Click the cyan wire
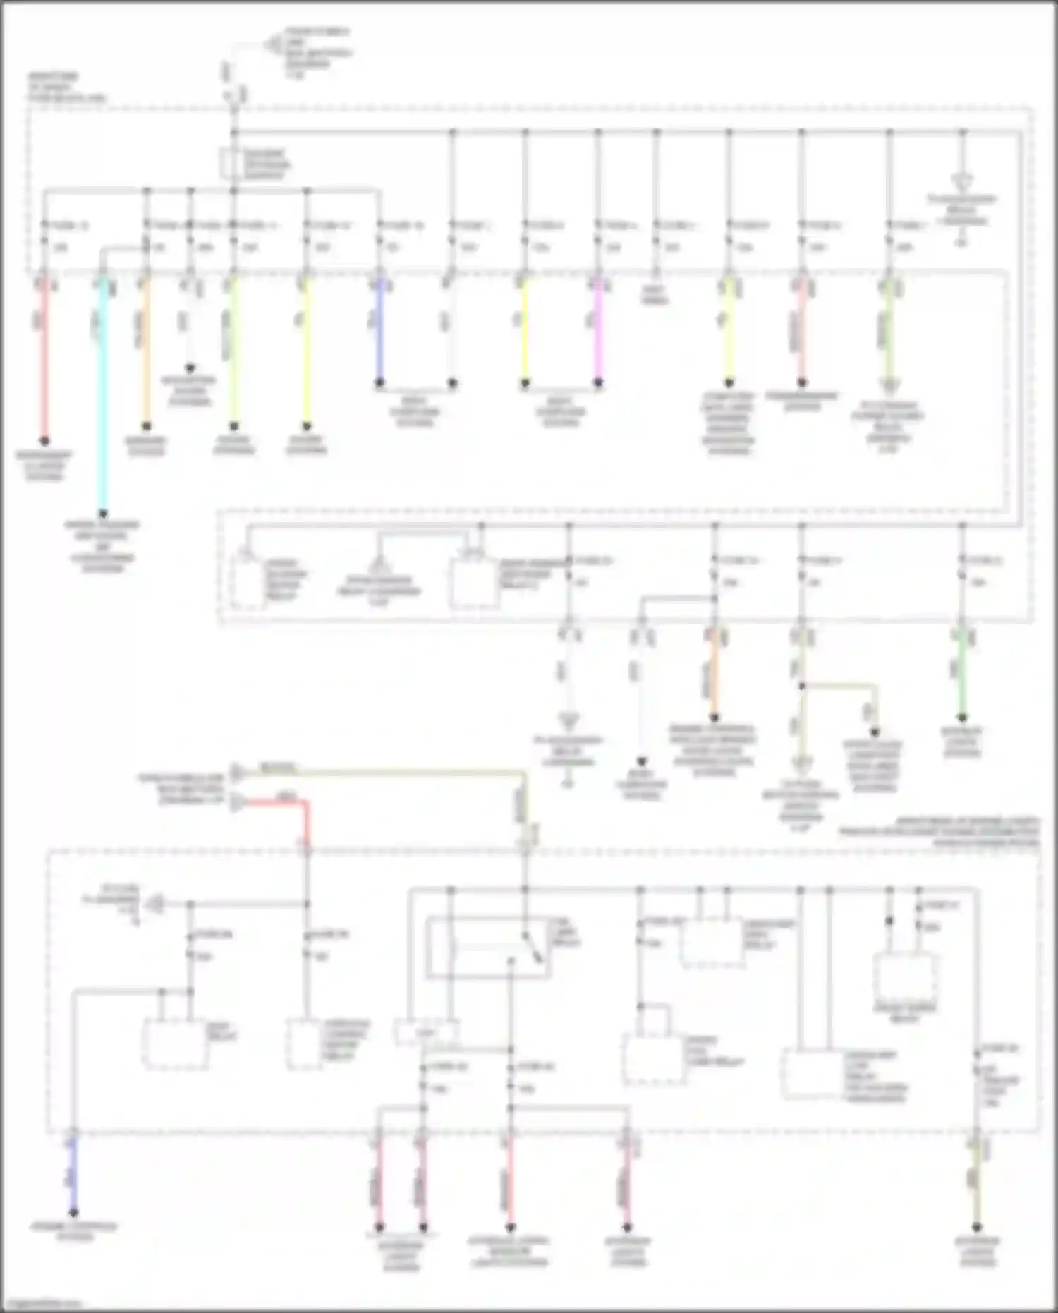click(x=103, y=395)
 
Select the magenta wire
click(x=598, y=332)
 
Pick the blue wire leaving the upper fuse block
click(x=379, y=332)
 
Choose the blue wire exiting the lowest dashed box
click(x=73, y=1171)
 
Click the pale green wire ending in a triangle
click(x=889, y=332)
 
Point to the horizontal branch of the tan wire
click(x=839, y=685)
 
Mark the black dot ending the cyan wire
click(x=103, y=514)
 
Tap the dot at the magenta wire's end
click(x=598, y=384)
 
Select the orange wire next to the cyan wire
click(x=146, y=353)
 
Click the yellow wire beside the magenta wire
click(x=525, y=332)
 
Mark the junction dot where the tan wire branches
click(x=802, y=685)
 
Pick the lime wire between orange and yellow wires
click(x=234, y=353)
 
